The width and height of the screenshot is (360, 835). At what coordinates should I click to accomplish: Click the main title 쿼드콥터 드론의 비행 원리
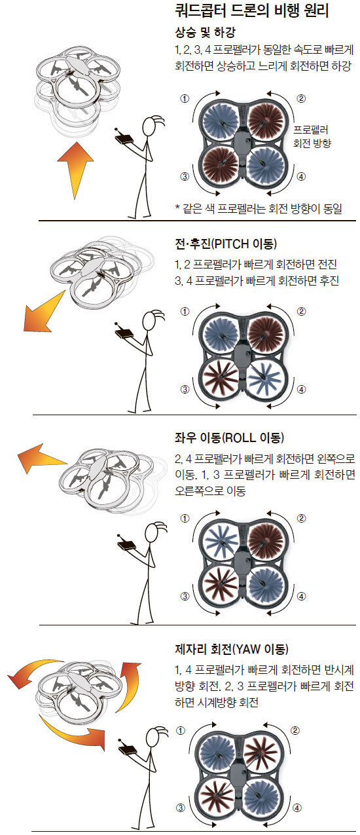[252, 11]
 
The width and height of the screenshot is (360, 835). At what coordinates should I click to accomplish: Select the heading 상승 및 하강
[205, 33]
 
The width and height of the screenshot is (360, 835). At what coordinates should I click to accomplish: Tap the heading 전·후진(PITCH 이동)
[226, 244]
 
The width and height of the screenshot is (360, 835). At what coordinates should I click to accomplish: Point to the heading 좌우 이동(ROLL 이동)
[229, 437]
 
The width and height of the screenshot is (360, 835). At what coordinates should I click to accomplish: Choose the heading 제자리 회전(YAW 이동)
[232, 649]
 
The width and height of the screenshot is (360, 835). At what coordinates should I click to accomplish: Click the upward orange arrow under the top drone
[75, 170]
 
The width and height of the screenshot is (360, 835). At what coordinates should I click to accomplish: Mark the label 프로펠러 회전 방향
[312, 136]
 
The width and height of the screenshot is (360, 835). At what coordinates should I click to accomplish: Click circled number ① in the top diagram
[185, 99]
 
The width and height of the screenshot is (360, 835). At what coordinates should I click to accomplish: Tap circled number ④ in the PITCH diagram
[301, 390]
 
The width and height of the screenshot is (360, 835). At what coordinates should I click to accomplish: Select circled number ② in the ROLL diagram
[301, 519]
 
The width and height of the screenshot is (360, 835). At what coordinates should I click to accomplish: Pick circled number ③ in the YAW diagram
[181, 807]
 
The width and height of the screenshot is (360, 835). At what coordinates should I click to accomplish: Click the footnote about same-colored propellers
[259, 208]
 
